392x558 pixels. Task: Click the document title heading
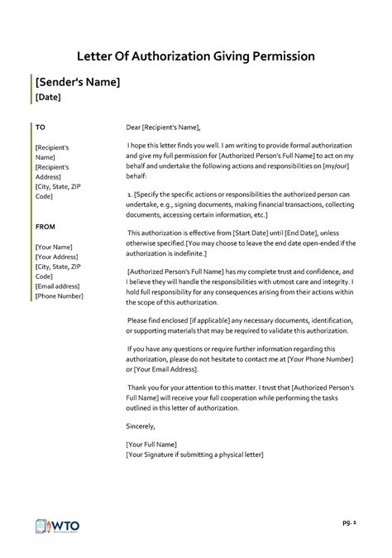(x=196, y=56)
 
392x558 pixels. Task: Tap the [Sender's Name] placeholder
(x=78, y=82)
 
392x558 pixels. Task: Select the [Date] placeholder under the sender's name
(x=48, y=98)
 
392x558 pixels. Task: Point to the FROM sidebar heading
(x=45, y=225)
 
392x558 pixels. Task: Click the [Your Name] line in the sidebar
(x=54, y=247)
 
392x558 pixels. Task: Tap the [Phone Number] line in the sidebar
(x=60, y=296)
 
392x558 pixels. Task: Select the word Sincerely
(x=141, y=426)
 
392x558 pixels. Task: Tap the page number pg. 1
(x=347, y=524)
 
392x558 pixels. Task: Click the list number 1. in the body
(x=131, y=194)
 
